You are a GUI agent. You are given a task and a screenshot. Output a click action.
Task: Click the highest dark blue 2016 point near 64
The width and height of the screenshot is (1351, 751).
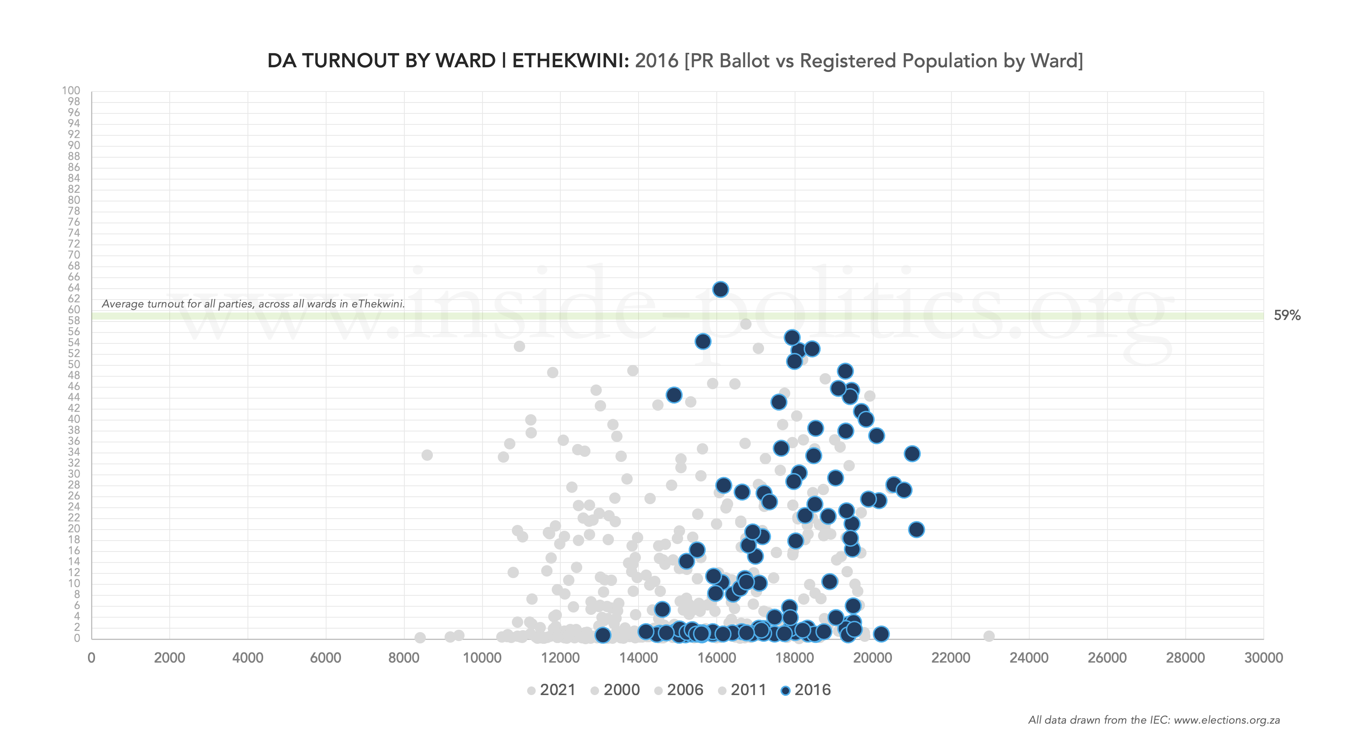720,289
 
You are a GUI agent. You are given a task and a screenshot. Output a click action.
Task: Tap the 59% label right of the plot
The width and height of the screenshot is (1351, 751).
1287,316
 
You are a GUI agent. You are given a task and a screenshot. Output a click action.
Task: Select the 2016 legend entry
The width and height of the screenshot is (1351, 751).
806,690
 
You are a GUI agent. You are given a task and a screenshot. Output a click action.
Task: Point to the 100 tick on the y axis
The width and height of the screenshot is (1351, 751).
71,91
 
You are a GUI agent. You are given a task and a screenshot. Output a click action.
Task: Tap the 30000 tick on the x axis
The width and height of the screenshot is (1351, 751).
1263,658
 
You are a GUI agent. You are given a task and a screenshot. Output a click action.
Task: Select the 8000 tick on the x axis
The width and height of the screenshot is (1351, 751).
404,658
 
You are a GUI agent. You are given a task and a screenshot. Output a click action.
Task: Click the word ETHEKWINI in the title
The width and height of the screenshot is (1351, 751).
570,61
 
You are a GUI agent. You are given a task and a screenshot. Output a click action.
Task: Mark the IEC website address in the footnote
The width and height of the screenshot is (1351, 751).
1227,720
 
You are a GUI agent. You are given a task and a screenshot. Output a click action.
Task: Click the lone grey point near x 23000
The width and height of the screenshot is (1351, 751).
989,636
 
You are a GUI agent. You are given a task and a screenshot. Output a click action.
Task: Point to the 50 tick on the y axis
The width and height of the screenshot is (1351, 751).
74,365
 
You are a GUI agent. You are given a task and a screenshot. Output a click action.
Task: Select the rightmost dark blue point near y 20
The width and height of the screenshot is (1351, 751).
916,530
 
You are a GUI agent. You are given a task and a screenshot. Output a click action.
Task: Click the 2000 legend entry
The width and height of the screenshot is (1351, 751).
615,690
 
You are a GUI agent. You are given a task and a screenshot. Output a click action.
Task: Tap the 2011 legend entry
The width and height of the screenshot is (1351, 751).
742,690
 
